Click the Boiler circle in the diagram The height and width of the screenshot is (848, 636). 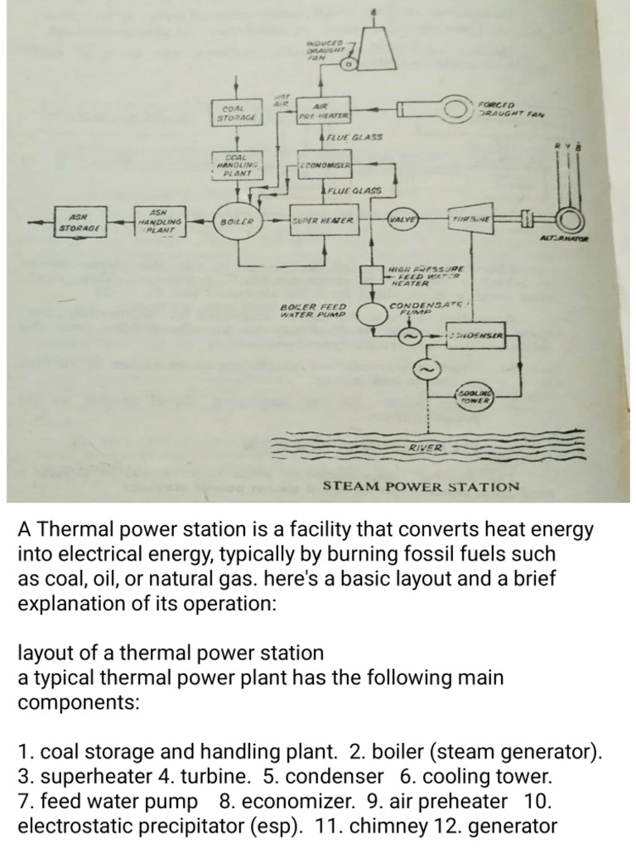237,222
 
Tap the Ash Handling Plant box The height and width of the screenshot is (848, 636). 159,220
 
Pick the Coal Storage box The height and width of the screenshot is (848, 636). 237,113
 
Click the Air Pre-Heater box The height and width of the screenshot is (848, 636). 325,112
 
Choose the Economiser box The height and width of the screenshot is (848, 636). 325,165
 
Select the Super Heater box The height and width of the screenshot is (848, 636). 323,221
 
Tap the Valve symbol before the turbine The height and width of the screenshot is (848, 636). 402,220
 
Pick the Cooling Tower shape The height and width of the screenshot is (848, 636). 474,397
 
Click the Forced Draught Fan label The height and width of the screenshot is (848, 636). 508,108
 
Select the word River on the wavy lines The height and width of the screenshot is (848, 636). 426,448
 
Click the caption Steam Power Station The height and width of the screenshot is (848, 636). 421,486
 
